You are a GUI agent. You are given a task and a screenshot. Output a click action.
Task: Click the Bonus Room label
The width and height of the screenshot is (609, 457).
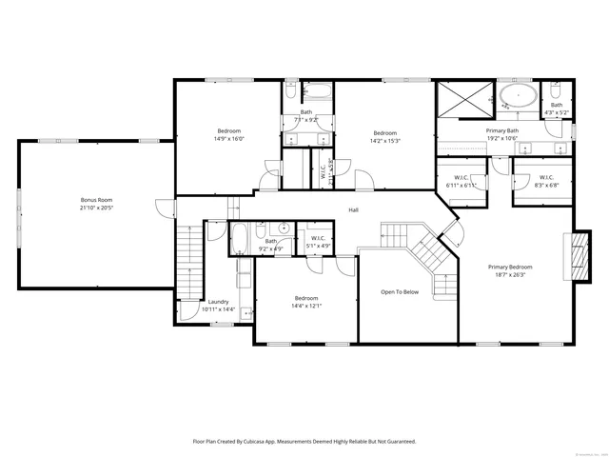click(x=96, y=199)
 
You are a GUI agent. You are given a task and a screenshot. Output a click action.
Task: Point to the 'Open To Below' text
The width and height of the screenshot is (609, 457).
click(x=400, y=292)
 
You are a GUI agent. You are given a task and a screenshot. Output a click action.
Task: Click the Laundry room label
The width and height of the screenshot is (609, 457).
click(x=219, y=301)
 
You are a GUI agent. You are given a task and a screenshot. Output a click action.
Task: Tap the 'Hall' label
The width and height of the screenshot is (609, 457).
click(x=353, y=209)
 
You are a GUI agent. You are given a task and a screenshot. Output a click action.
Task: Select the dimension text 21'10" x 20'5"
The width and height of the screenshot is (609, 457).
click(x=96, y=207)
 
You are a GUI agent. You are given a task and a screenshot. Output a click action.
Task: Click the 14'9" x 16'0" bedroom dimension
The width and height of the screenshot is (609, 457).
click(x=229, y=138)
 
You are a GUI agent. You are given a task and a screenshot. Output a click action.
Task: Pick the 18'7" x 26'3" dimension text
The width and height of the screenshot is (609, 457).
click(x=510, y=275)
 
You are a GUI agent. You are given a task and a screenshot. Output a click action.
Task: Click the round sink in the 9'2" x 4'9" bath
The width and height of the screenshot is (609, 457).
click(x=284, y=229)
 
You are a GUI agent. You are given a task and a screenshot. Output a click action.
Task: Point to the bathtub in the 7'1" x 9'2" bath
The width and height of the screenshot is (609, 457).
click(x=317, y=93)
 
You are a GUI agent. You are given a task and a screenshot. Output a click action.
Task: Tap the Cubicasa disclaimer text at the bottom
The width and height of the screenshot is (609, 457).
click(x=304, y=442)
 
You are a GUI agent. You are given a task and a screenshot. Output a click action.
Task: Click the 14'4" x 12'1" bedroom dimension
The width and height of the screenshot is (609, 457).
click(x=306, y=306)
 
